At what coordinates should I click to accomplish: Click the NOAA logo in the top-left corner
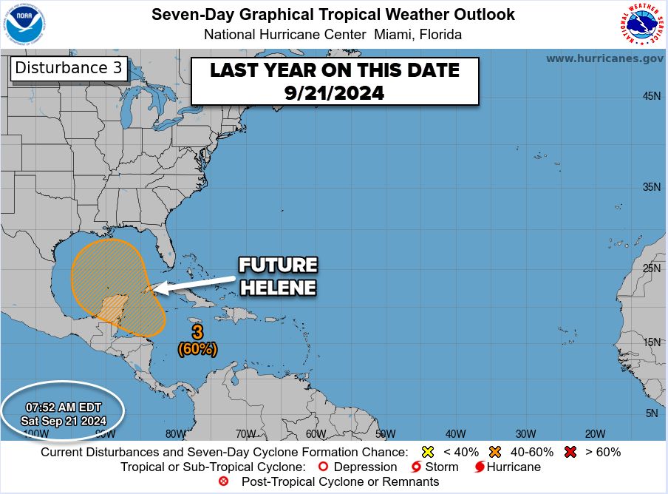coord(25,26)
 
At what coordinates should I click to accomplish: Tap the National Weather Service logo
coord(639,25)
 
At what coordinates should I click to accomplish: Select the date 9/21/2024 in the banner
coord(335,93)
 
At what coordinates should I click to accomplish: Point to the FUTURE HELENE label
coord(277,276)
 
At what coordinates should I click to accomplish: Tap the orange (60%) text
coord(197,348)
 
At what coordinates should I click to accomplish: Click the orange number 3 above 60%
coord(197,331)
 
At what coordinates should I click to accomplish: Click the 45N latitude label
coord(651,96)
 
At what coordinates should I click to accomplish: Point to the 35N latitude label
coord(651,187)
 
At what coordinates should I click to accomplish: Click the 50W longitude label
coord(385,434)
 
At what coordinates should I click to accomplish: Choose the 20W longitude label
coord(595,434)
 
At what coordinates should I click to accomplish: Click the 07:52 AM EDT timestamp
coord(64,407)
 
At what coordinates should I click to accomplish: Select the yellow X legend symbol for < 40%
coord(426,452)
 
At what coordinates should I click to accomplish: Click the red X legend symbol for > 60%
coord(569,452)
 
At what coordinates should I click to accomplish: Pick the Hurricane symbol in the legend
coord(479,467)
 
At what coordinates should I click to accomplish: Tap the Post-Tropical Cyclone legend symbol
coord(224,482)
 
